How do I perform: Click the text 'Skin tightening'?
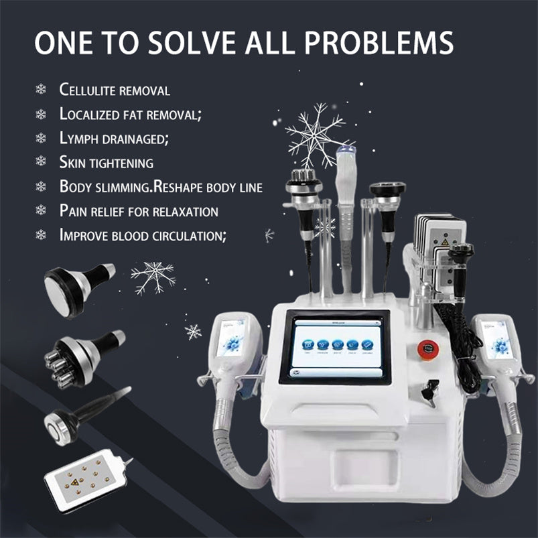coord(107,162)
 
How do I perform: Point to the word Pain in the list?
coord(73,211)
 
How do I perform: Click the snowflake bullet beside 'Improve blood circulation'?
coord(41,235)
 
